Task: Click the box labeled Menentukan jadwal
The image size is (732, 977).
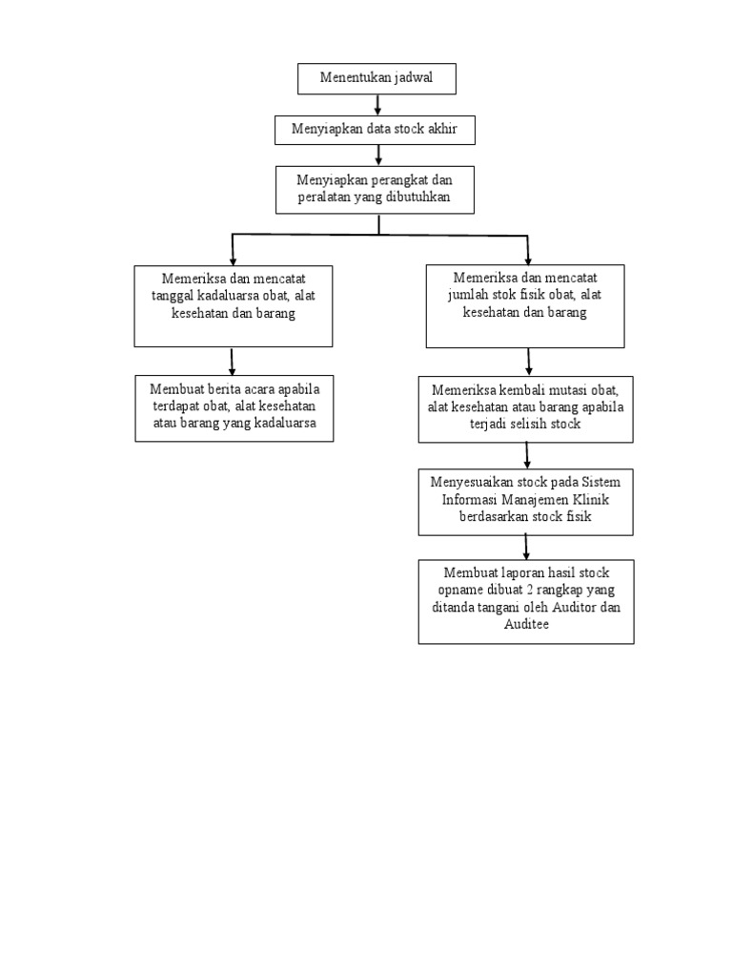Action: [376, 78]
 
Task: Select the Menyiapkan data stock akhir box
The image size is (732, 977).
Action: [375, 130]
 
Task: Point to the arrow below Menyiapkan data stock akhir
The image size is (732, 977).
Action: [378, 155]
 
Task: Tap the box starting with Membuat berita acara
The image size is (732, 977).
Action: [234, 407]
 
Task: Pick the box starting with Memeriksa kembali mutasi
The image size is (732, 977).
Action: [525, 408]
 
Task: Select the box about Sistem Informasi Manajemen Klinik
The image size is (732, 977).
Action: [525, 501]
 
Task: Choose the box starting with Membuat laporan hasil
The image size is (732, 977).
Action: [525, 601]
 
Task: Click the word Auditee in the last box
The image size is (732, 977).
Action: [526, 625]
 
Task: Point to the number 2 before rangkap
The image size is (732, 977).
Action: [536, 590]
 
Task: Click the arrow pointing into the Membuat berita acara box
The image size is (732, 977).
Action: [233, 362]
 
